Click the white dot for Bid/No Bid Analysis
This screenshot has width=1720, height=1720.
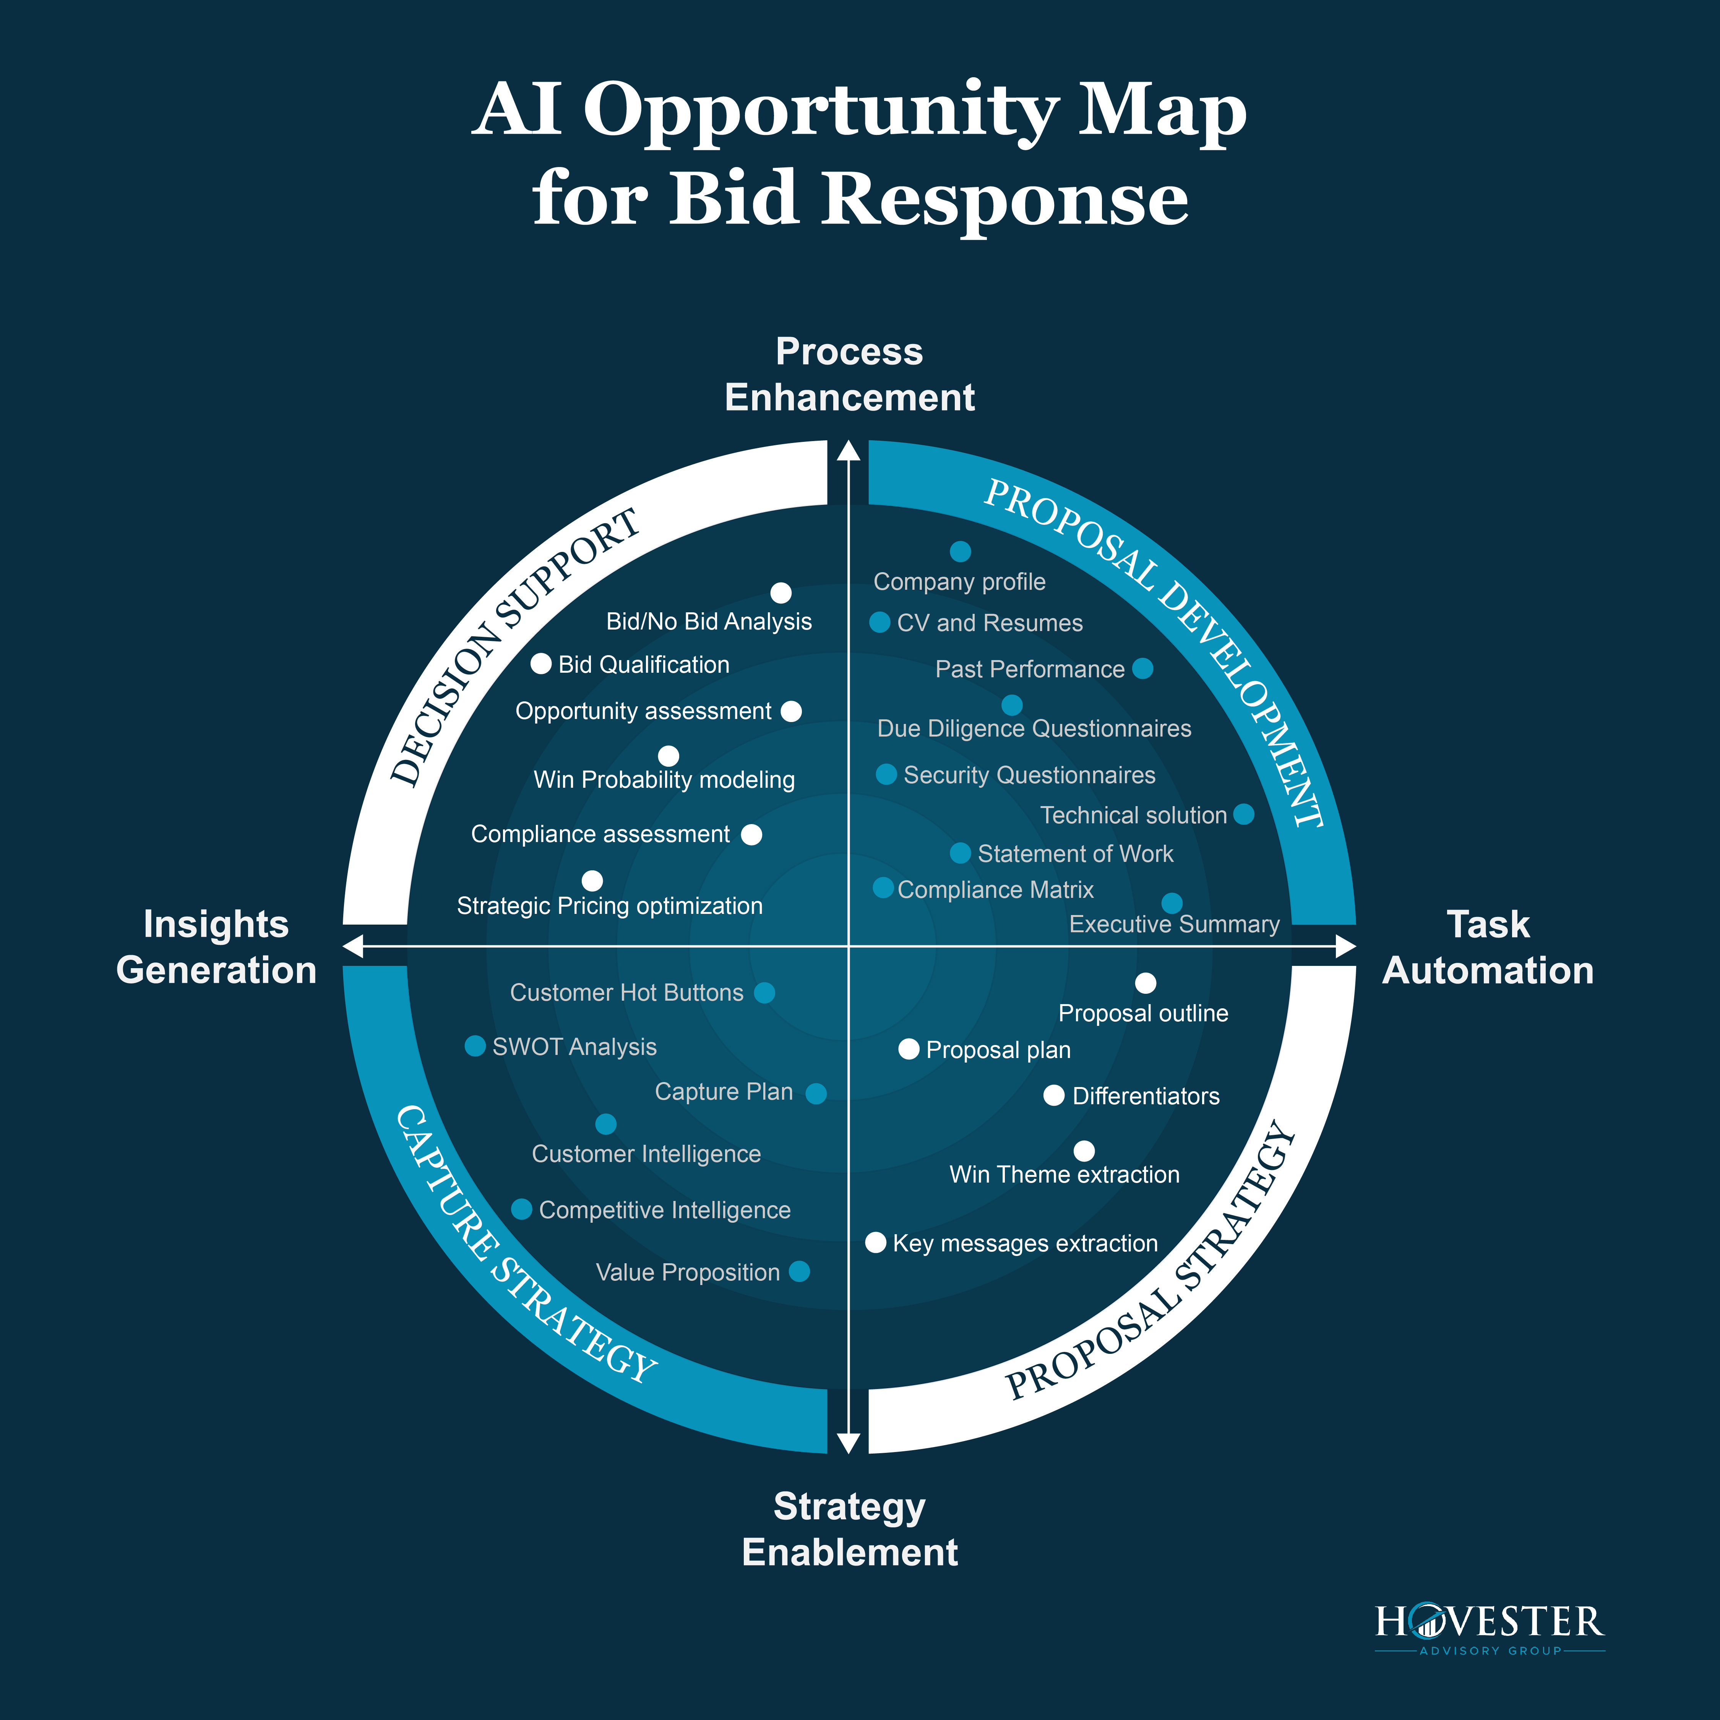click(x=781, y=593)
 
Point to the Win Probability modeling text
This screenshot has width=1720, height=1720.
click(x=664, y=780)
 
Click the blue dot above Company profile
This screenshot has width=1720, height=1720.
click(x=960, y=552)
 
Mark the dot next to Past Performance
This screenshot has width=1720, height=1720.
click(x=1143, y=669)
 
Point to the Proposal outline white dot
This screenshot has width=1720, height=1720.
click(x=1146, y=983)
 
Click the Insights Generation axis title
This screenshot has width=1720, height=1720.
click(x=216, y=947)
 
